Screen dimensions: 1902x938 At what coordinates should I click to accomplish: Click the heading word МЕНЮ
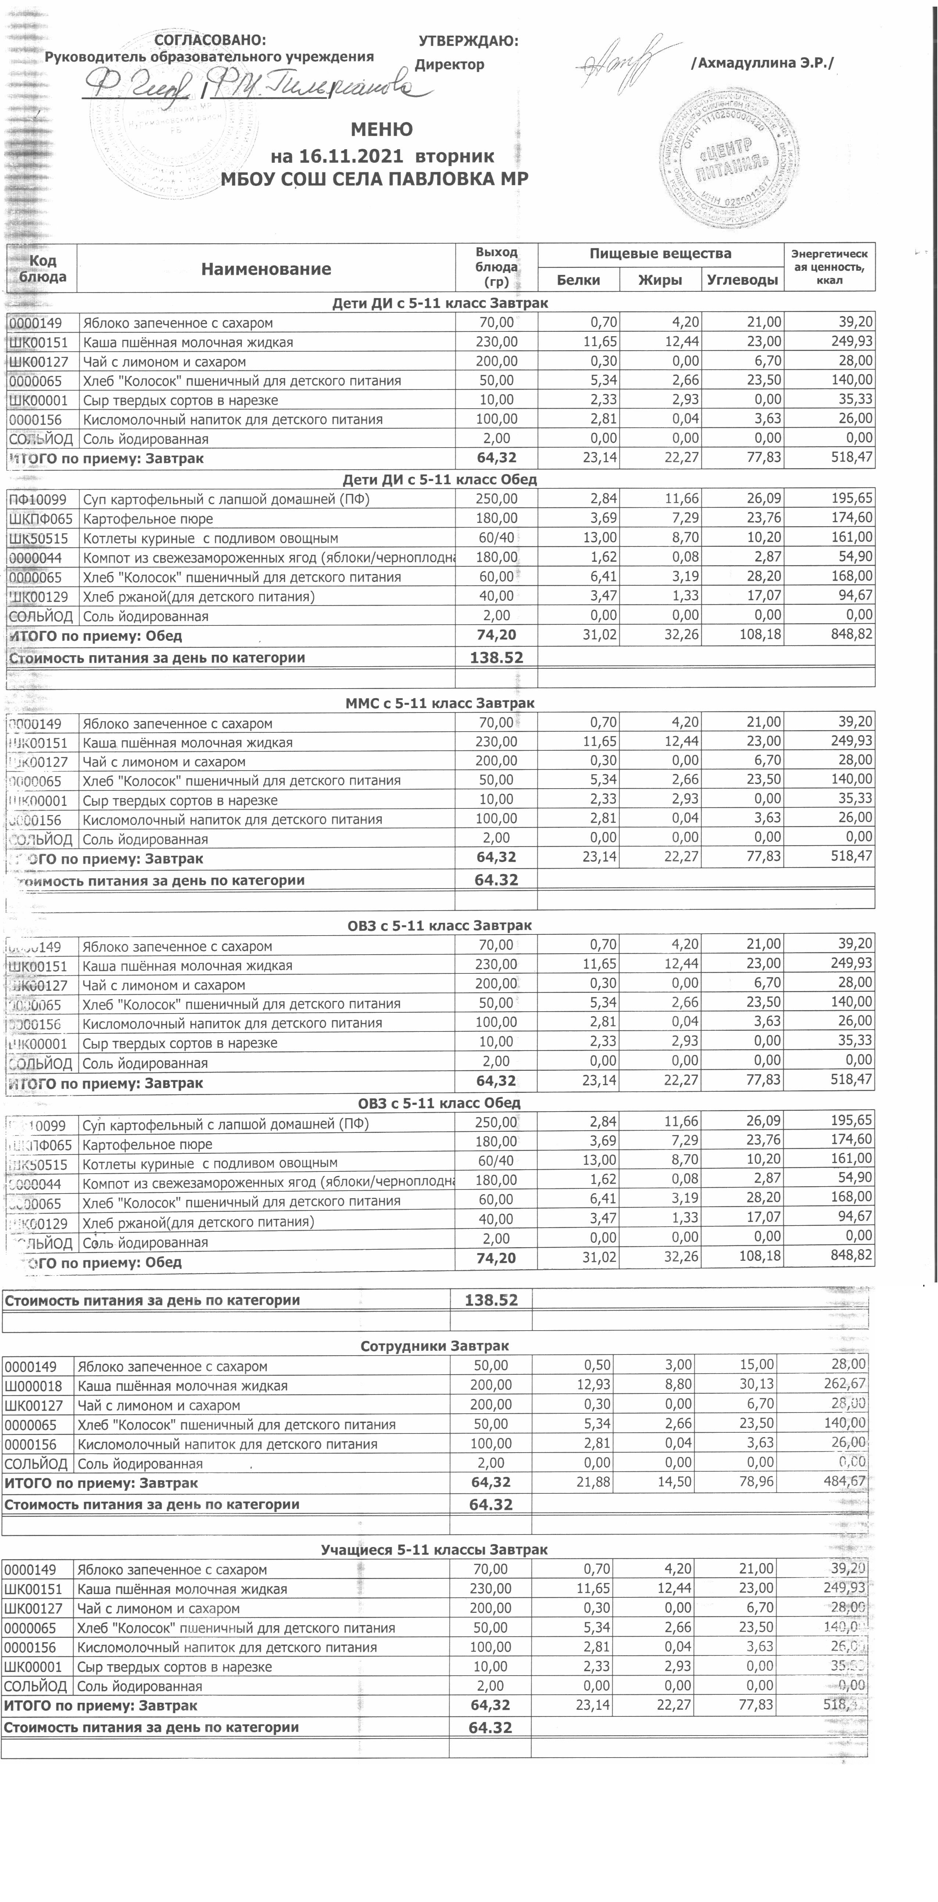tap(381, 130)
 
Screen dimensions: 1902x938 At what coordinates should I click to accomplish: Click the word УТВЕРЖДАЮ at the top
tap(468, 42)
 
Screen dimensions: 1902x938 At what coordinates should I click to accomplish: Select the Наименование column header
tap(266, 269)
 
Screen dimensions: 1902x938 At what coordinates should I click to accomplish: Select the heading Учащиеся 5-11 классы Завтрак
tap(434, 1550)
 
